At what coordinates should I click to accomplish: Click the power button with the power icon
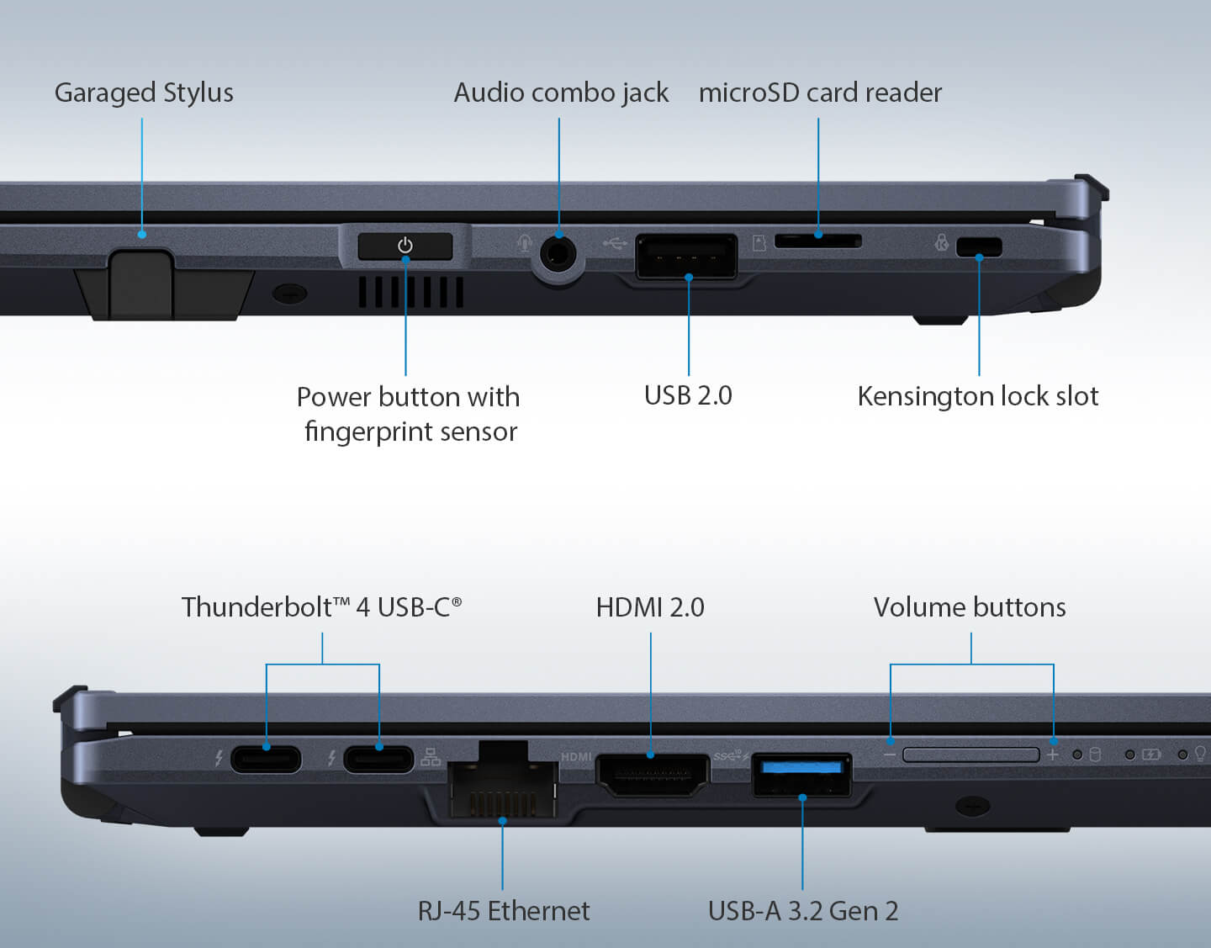(x=405, y=246)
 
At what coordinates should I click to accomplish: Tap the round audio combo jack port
(x=557, y=251)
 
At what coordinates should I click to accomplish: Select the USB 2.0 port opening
(x=686, y=256)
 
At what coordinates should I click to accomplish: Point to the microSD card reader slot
(x=817, y=241)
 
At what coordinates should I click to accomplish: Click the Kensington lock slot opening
(x=979, y=246)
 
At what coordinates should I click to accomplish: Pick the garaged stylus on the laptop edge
(x=140, y=282)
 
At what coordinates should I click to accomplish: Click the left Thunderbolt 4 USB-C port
(x=266, y=759)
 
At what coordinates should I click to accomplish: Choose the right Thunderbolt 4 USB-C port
(x=379, y=759)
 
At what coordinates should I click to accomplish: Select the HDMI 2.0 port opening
(x=652, y=775)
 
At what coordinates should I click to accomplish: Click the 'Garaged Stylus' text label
(x=144, y=93)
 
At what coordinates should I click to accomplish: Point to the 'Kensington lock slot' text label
(x=977, y=396)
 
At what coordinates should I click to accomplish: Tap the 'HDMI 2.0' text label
(x=650, y=607)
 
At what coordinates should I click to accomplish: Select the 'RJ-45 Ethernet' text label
(x=503, y=911)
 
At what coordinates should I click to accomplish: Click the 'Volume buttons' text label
(x=970, y=607)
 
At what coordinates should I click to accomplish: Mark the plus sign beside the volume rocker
(x=1052, y=755)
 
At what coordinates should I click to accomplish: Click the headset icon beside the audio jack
(x=525, y=244)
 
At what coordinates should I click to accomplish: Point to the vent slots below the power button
(x=410, y=292)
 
